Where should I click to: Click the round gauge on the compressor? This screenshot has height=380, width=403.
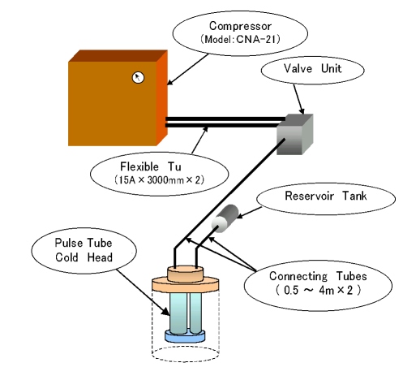click(138, 78)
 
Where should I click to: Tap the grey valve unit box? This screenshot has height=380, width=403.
click(294, 135)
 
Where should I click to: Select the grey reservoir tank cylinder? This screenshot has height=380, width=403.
click(225, 218)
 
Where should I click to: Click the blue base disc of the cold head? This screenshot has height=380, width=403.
click(185, 335)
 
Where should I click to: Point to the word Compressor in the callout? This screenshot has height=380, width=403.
click(240, 26)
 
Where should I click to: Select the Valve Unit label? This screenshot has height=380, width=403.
click(312, 68)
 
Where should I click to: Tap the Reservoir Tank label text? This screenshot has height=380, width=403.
click(326, 196)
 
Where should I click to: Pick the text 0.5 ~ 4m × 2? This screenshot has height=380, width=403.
click(319, 291)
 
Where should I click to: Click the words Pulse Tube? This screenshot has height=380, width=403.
click(84, 243)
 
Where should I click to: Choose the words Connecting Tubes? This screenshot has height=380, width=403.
click(318, 276)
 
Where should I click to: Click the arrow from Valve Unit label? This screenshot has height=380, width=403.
click(298, 99)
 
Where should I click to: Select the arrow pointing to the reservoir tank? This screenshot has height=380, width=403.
click(249, 213)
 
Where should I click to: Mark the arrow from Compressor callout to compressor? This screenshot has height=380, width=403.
click(187, 70)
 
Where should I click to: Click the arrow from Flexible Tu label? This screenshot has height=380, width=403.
click(199, 140)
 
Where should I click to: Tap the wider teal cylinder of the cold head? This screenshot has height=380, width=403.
click(178, 313)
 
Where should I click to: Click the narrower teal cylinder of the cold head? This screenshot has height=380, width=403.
click(195, 313)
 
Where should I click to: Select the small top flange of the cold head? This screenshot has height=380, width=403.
click(186, 274)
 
